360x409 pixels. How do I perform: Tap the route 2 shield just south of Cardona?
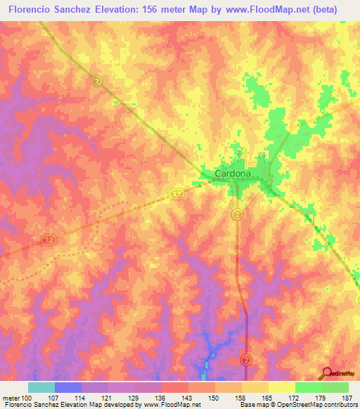coord(238,214)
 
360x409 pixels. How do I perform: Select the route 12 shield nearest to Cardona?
coord(176,192)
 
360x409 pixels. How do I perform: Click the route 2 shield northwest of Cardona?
coord(96,81)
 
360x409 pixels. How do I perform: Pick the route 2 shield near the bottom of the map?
coord(245,359)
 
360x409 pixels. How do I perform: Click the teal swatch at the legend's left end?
coord(41,387)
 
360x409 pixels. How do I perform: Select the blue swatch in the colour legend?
coord(68,387)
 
